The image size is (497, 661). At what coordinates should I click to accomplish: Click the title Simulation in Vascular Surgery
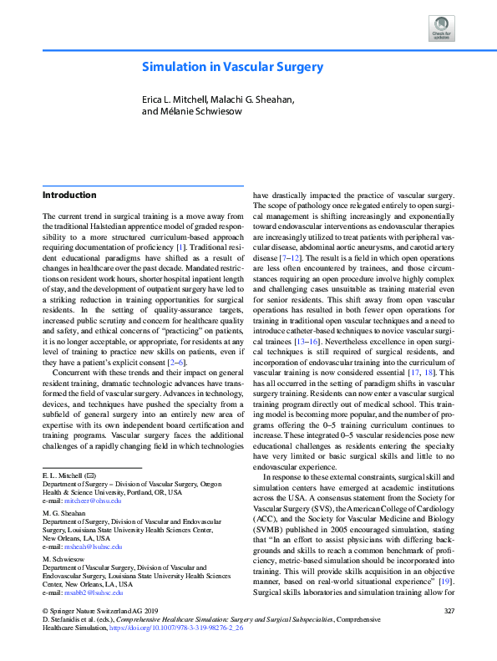coord(231,67)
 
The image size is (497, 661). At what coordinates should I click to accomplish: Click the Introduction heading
coord(69,196)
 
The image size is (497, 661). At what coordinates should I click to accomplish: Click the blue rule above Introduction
coord(143,186)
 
